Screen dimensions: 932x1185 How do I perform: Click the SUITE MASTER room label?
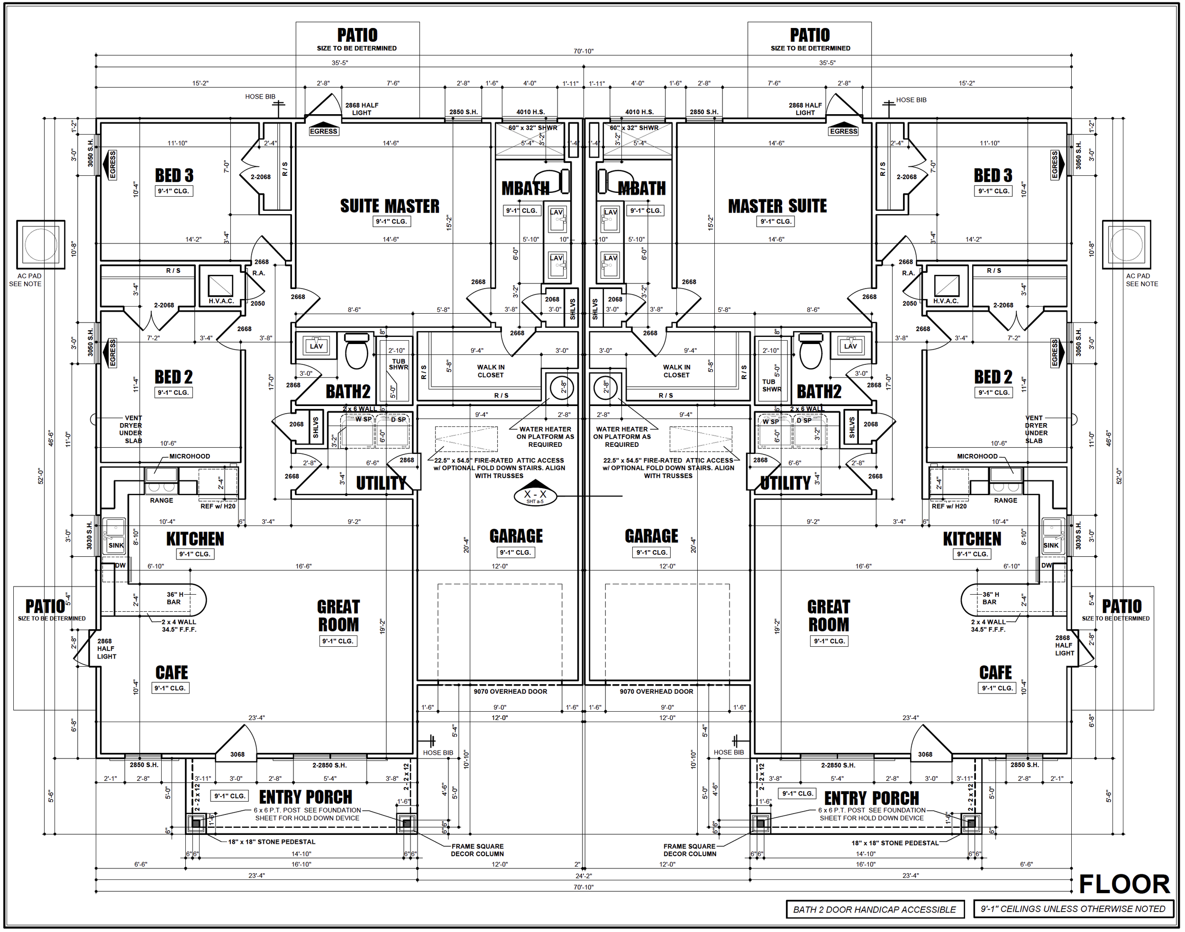tap(389, 206)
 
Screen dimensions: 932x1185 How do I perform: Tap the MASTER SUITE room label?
tap(777, 206)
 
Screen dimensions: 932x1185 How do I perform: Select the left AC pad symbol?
tap(41, 244)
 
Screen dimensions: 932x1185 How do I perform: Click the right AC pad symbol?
tap(1126, 244)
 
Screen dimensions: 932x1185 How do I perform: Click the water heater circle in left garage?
tap(562, 388)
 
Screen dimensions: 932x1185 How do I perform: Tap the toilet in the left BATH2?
tap(357, 352)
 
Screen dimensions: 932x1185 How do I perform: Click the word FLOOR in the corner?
tap(1124, 884)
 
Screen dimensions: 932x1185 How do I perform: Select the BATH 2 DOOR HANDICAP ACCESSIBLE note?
tap(874, 910)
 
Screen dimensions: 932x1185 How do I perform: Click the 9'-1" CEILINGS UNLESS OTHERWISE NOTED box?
tap(1073, 909)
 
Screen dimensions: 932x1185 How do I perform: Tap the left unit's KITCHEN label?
tap(195, 539)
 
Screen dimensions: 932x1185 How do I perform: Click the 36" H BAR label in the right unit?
tap(990, 598)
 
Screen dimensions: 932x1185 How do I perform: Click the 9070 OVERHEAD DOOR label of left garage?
tap(510, 691)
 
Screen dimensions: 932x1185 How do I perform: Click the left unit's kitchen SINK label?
tap(116, 545)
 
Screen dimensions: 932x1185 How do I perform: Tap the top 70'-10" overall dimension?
tap(583, 51)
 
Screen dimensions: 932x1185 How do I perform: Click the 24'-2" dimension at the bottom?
tap(583, 876)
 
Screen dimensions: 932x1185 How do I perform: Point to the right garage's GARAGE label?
tap(651, 536)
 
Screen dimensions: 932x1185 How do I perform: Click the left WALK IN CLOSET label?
tap(490, 371)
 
